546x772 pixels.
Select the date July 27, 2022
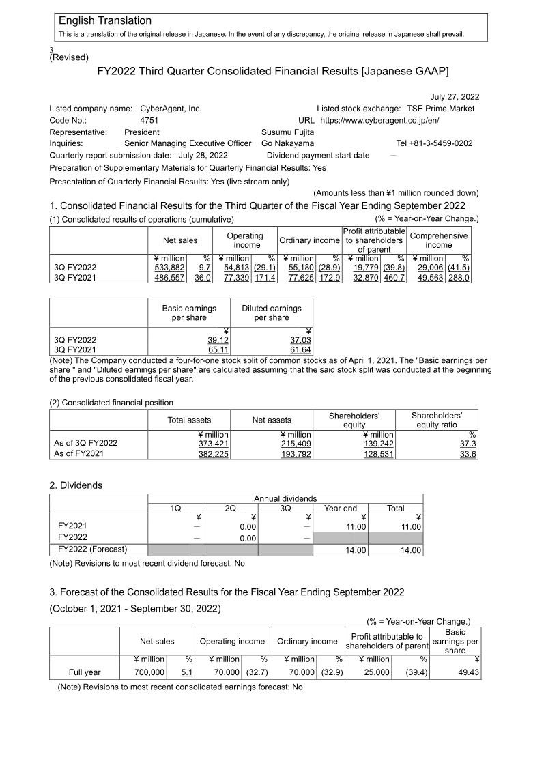pyautogui.click(x=455, y=97)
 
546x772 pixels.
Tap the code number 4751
pyautogui.click(x=149, y=120)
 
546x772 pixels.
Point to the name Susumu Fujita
pyautogui.click(x=288, y=132)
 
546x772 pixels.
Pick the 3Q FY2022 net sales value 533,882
pyautogui.click(x=170, y=268)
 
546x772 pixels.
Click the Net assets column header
pyautogui.click(x=272, y=420)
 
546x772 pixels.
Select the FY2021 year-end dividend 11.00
pyautogui.click(x=356, y=527)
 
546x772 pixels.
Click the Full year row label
pyautogui.click(x=85, y=672)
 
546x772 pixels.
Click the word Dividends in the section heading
pyautogui.click(x=81, y=485)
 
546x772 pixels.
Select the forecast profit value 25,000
pyautogui.click(x=375, y=672)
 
